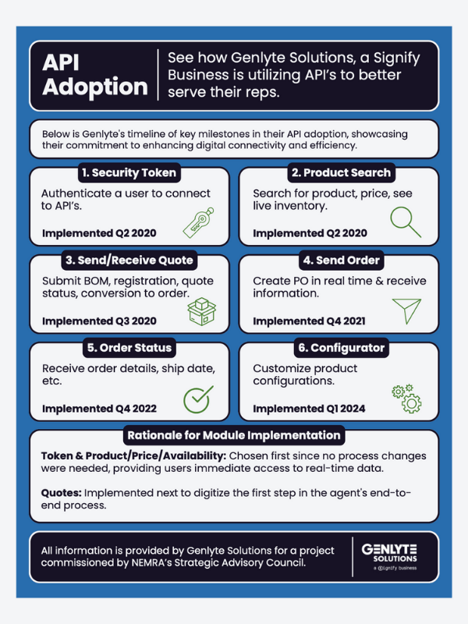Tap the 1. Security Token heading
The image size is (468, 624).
coord(129,172)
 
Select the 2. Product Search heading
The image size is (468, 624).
coord(340,172)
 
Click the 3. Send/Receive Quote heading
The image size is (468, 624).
coord(129,260)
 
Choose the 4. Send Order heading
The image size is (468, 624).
coord(340,260)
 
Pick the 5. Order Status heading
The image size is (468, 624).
coord(129,348)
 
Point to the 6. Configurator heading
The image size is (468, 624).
coord(340,348)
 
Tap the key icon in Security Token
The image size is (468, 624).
coord(197,222)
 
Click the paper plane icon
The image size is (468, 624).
coord(406,310)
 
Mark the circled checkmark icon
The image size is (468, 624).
coord(197,399)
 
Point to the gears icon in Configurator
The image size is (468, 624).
coord(406,398)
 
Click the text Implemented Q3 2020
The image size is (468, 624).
coord(99,321)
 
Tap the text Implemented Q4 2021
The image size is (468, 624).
coord(310,321)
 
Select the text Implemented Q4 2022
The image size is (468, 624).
coord(99,409)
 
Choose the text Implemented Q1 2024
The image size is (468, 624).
coord(310,409)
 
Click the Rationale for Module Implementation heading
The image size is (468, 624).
coord(234,435)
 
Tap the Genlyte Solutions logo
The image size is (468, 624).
coord(389,557)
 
